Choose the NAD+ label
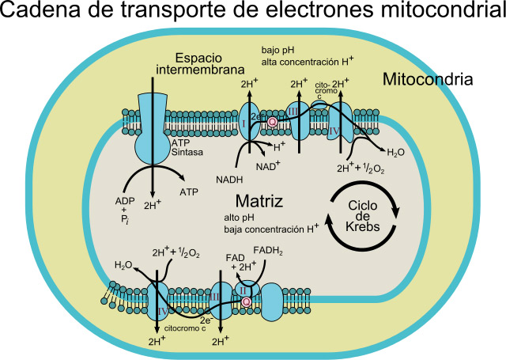click(269, 168)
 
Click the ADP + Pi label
click(125, 210)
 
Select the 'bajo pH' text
click(278, 49)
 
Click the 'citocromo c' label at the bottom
click(185, 328)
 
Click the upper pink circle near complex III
click(273, 122)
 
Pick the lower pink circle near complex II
click(247, 301)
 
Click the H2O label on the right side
click(396, 152)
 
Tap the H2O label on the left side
click(123, 266)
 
